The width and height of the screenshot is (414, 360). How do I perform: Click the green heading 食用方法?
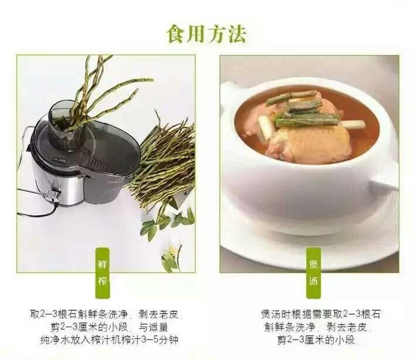tap(207, 33)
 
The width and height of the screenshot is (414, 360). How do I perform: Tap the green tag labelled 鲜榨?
tap(102, 273)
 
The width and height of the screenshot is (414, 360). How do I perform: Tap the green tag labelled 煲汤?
tap(313, 273)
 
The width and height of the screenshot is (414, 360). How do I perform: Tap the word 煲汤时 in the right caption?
tap(276, 314)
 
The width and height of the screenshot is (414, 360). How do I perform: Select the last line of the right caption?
tap(317, 339)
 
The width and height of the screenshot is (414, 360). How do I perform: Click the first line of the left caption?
tap(106, 314)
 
